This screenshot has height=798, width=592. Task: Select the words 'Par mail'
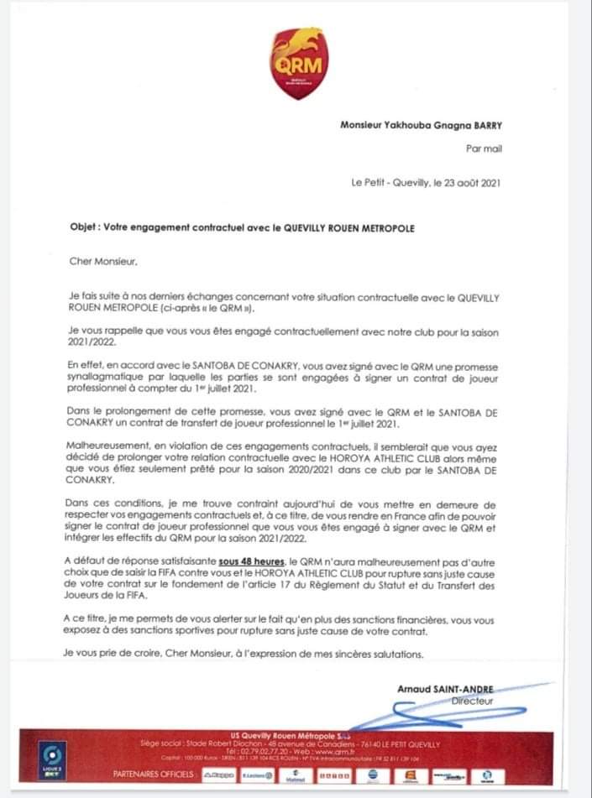coord(483,149)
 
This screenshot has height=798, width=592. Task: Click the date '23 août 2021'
coord(468,182)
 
